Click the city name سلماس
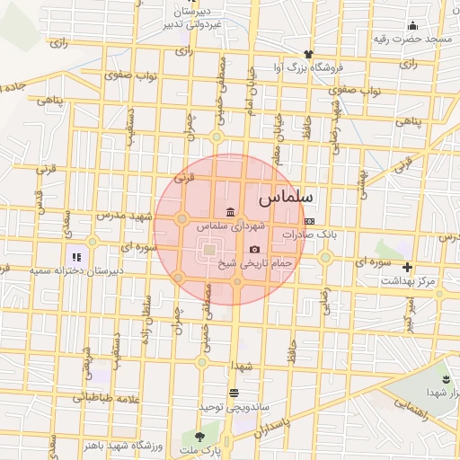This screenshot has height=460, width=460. [x=285, y=194]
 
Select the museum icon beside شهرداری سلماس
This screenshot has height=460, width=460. [x=232, y=212]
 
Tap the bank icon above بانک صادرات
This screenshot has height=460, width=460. [x=310, y=220]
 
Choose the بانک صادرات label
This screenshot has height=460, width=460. [x=309, y=234]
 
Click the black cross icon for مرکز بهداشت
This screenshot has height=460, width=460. [x=408, y=267]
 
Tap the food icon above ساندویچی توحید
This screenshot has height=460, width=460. [x=234, y=393]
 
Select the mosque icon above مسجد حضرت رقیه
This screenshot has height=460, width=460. [x=412, y=25]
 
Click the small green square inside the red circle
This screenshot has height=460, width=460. [x=208, y=249]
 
